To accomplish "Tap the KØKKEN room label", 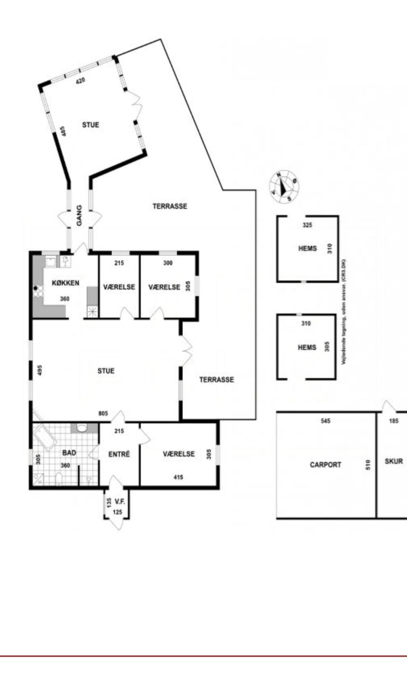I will pyautogui.click(x=66, y=283).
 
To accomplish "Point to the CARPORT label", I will pyautogui.click(x=325, y=464).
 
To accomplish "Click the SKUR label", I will pyautogui.click(x=393, y=461).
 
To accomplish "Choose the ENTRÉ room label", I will pyautogui.click(x=119, y=454).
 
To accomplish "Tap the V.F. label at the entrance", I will pyautogui.click(x=119, y=501).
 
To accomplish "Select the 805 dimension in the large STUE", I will pyautogui.click(x=103, y=414).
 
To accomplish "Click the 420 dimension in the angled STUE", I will pyautogui.click(x=80, y=81).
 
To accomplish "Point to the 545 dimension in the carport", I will pyautogui.click(x=326, y=421).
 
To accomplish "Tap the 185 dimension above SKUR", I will pyautogui.click(x=393, y=421).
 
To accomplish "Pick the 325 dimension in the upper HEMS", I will pyautogui.click(x=307, y=225).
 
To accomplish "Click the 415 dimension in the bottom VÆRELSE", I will pyautogui.click(x=178, y=477).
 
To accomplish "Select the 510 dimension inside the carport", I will pyautogui.click(x=368, y=464).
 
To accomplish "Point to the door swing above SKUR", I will pyautogui.click(x=388, y=406).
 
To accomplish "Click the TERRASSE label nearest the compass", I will pyautogui.click(x=170, y=206).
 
